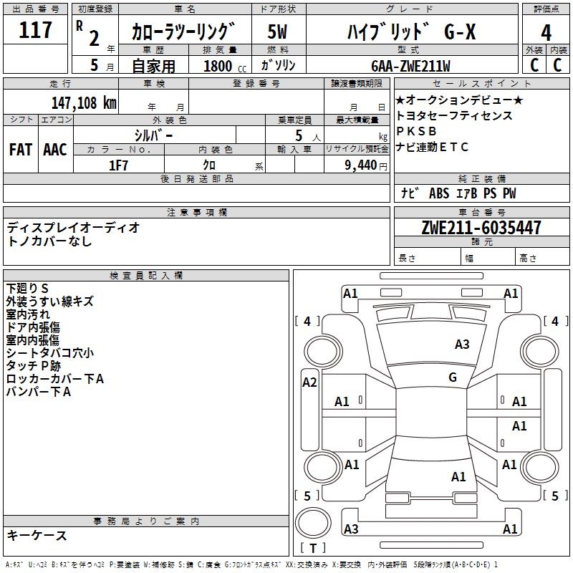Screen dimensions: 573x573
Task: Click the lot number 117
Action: (36, 31)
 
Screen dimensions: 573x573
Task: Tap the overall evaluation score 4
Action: (546, 33)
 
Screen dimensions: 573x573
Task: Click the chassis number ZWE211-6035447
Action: (481, 228)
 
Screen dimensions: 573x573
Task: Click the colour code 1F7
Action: (118, 165)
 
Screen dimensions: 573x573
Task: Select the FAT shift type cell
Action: (20, 149)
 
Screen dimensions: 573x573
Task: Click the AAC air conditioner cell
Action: (54, 149)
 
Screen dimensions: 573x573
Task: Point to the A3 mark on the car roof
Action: (462, 345)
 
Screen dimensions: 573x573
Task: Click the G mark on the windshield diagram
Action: (452, 377)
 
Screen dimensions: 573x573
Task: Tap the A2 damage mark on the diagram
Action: (309, 382)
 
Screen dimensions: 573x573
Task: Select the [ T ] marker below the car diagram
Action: (312, 548)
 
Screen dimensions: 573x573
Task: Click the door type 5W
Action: (278, 32)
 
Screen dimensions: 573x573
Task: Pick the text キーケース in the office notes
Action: (37, 535)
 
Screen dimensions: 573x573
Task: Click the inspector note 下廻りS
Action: (27, 289)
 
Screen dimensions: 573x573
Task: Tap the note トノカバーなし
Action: (49, 241)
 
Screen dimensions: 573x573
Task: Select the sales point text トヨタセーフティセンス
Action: (454, 115)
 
